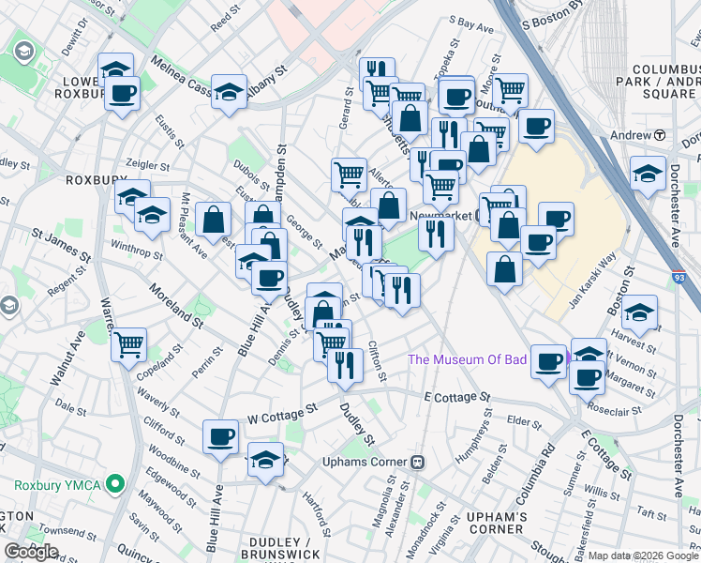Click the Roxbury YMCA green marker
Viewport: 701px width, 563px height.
(x=115, y=485)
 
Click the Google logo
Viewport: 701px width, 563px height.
(x=31, y=552)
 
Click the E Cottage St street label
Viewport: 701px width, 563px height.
(x=457, y=398)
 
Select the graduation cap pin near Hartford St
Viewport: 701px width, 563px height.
(x=265, y=461)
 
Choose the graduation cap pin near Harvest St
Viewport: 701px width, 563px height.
(x=640, y=312)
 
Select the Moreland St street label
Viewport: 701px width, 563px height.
(x=173, y=306)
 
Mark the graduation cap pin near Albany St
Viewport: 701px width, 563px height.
(x=230, y=92)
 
